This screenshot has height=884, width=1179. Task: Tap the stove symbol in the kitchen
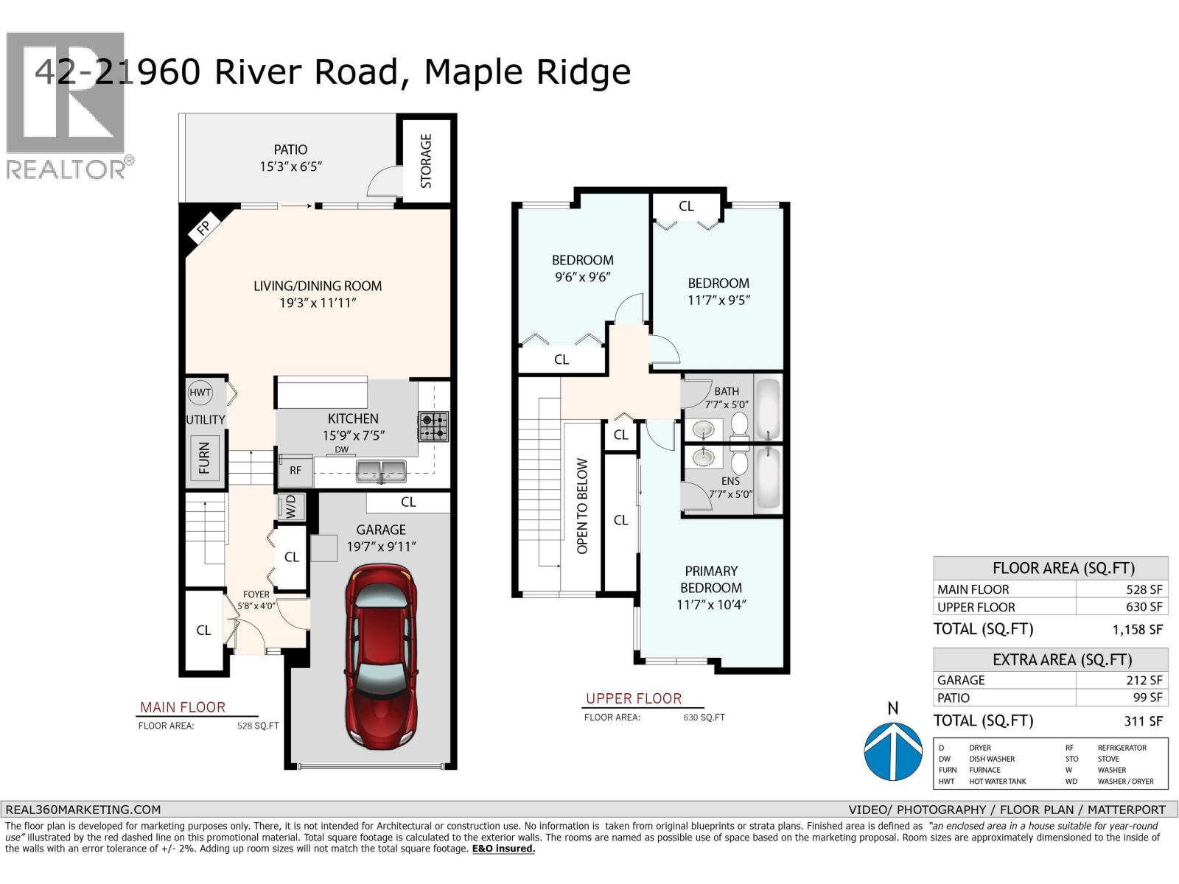point(433,427)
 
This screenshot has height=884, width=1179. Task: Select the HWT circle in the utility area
point(200,393)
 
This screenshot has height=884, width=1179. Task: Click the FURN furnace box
point(204,457)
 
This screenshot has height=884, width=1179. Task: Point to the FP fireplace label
point(204,228)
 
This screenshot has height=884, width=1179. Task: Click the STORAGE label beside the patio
point(426,161)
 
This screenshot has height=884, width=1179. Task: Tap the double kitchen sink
point(381,471)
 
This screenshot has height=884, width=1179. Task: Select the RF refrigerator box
point(295,470)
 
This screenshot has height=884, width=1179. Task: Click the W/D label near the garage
point(290,507)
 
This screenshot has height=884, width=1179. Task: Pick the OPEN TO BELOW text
point(582,506)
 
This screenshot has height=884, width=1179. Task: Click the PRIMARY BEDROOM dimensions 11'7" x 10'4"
point(711,605)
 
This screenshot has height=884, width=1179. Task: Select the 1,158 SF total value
point(1137,629)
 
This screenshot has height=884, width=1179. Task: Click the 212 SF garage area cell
point(1144,680)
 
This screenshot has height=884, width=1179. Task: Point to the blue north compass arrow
point(892,751)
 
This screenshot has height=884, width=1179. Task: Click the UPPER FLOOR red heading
point(634,698)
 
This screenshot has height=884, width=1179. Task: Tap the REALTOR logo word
point(66,169)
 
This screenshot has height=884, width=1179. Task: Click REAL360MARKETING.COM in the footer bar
point(83,809)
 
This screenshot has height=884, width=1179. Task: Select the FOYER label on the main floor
point(256,594)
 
